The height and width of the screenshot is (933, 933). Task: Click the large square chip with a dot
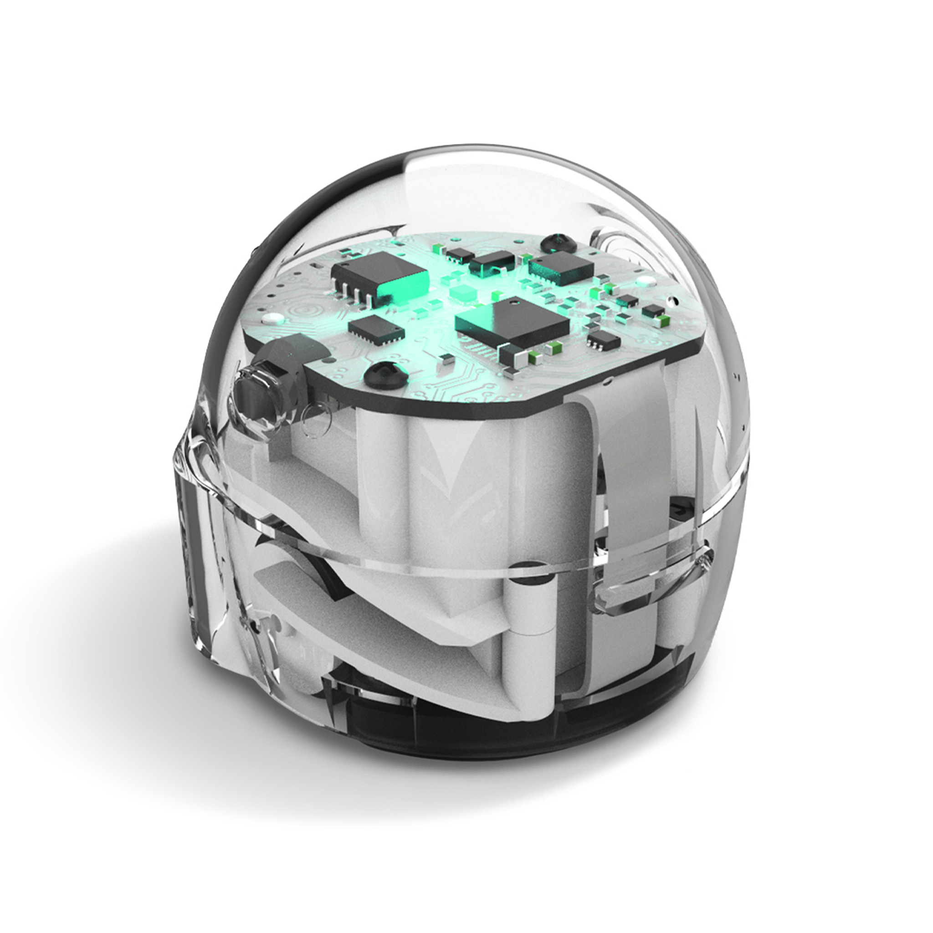513,323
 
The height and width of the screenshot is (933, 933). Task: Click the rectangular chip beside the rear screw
561,266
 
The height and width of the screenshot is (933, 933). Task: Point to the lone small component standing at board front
446,358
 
